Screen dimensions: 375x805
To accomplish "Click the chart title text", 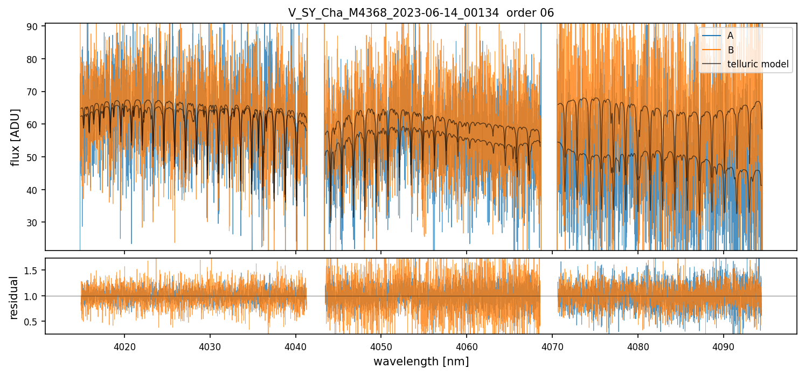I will coord(421,13).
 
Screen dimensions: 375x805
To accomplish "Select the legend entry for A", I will coord(731,36).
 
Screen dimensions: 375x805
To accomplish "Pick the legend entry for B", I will coord(731,50).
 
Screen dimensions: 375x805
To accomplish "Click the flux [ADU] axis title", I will coord(16,137).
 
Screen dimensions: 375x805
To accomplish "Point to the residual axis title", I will coord(14,297).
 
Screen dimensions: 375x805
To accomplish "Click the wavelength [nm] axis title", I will coord(421,362).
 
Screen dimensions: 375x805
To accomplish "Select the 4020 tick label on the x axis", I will coord(124,345).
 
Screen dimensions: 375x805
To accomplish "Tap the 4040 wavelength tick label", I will coord(295,345).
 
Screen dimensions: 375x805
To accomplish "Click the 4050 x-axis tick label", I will coord(381,345).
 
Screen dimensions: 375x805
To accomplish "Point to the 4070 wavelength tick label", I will coord(552,345).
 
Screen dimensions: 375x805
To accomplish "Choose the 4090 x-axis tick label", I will coord(723,345).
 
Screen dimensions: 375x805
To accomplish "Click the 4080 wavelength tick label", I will coord(637,345).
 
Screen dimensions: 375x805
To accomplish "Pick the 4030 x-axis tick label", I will coord(210,345).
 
